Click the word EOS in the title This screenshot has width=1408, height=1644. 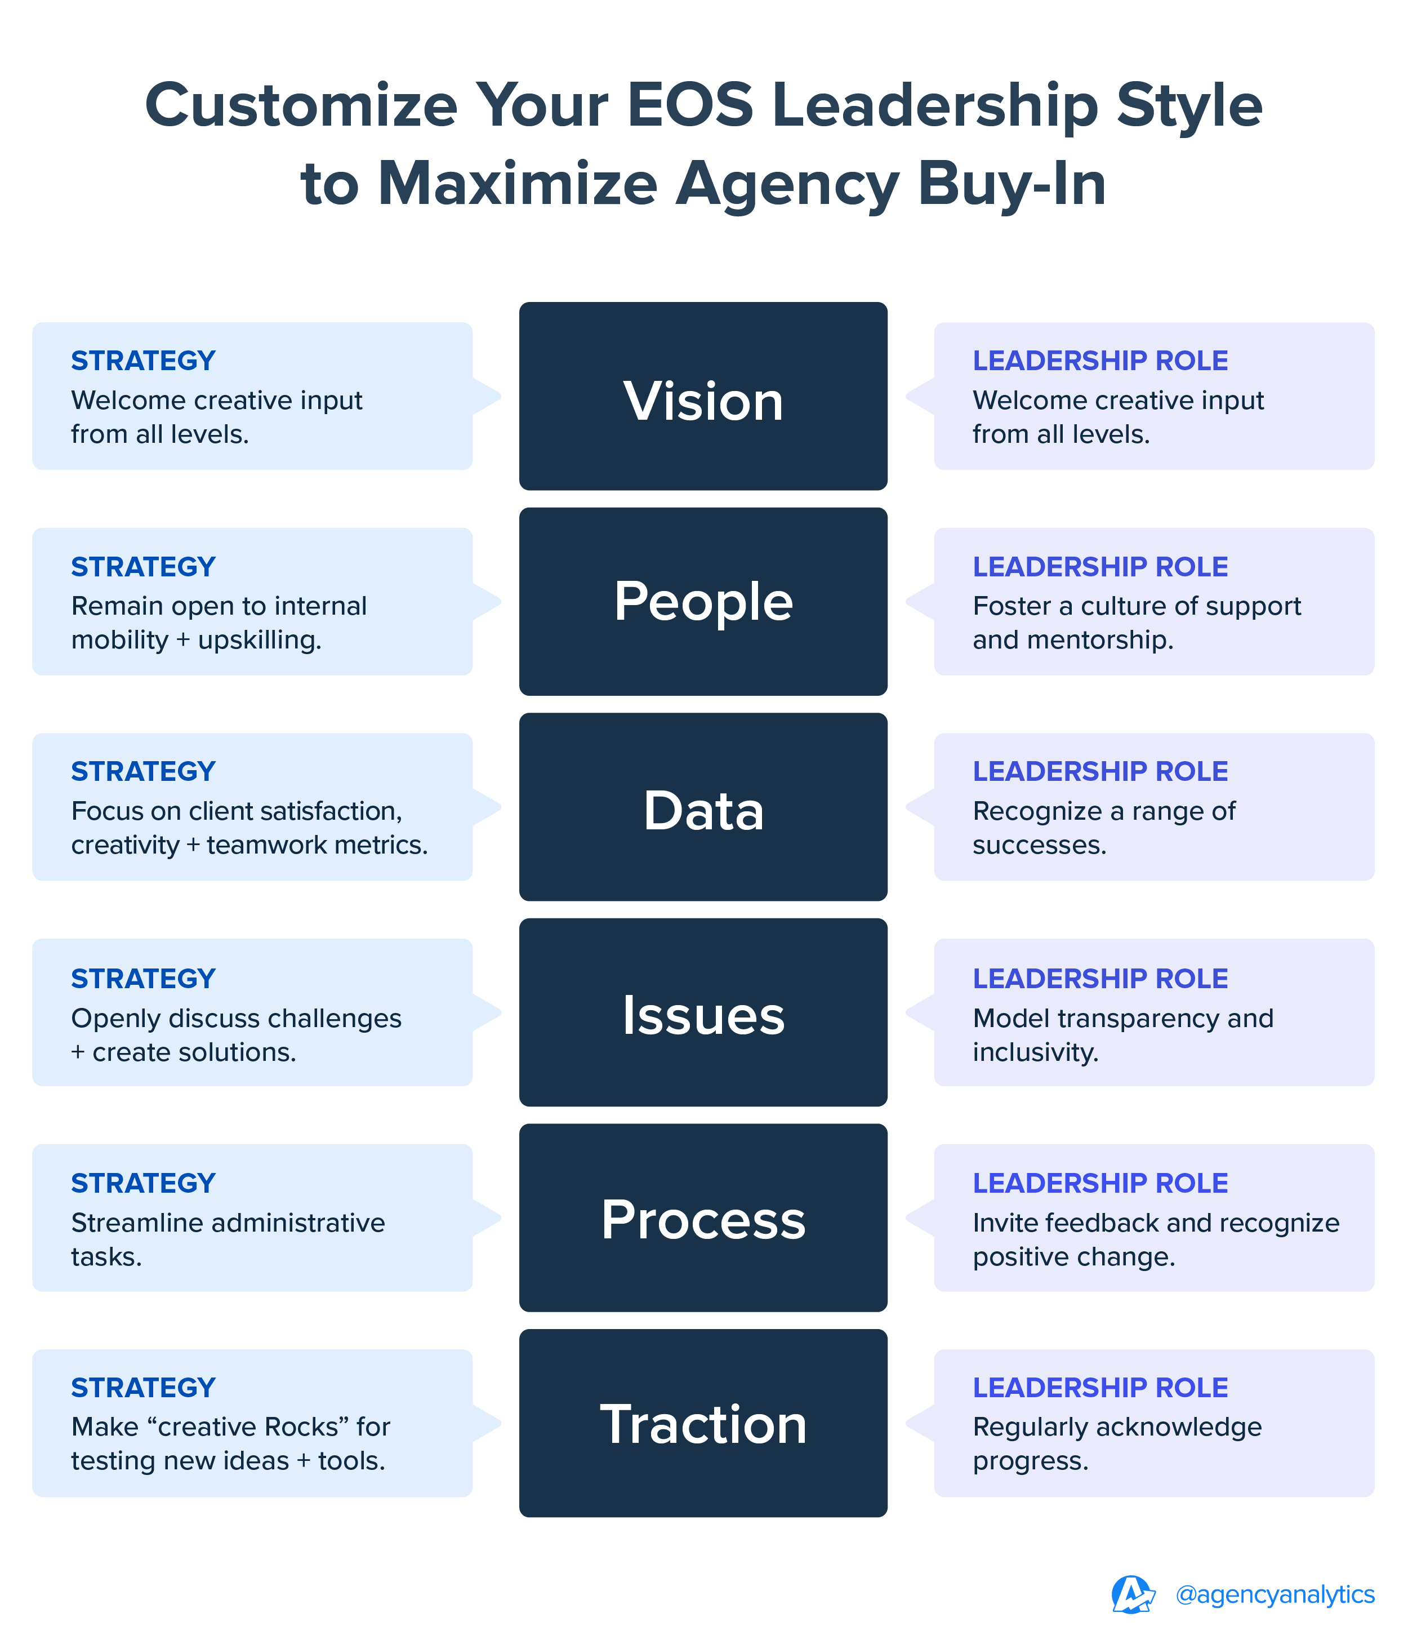click(689, 105)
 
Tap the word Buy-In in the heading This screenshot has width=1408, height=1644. click(1012, 184)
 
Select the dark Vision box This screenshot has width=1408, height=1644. click(703, 397)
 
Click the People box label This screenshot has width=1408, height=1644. click(703, 601)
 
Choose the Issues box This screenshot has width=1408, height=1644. click(703, 1013)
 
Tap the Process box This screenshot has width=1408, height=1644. click(703, 1219)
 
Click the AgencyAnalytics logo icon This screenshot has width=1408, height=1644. click(1132, 1595)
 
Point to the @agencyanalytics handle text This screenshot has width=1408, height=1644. click(1275, 1595)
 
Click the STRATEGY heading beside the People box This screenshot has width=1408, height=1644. click(143, 567)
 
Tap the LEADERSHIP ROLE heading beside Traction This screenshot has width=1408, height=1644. click(1100, 1388)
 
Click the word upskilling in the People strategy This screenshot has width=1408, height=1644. click(260, 639)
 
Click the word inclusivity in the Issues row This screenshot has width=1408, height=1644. click(1035, 1052)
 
